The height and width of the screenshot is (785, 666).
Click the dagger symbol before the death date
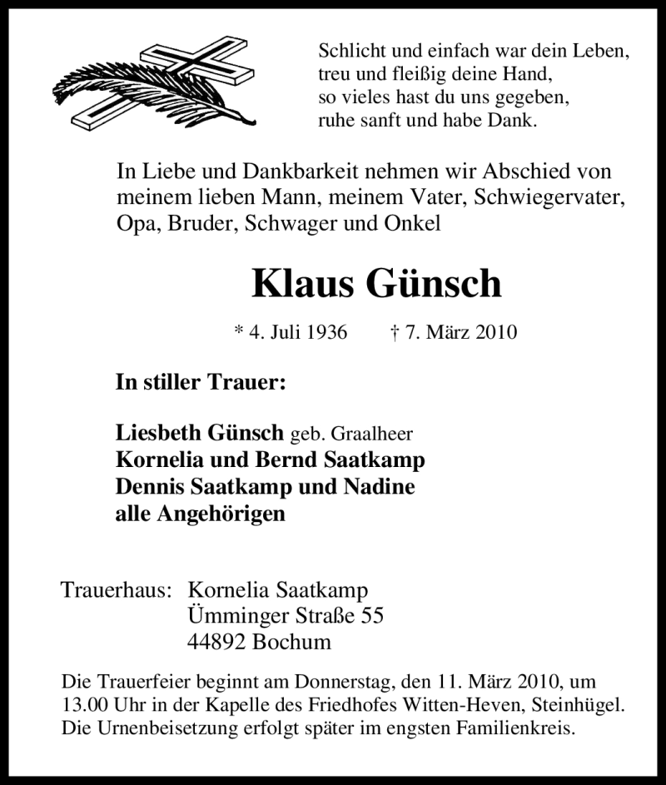click(394, 332)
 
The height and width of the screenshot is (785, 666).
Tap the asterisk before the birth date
click(240, 331)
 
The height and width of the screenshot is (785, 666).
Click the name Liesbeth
click(157, 435)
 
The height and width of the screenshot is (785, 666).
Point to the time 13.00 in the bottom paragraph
click(86, 704)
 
